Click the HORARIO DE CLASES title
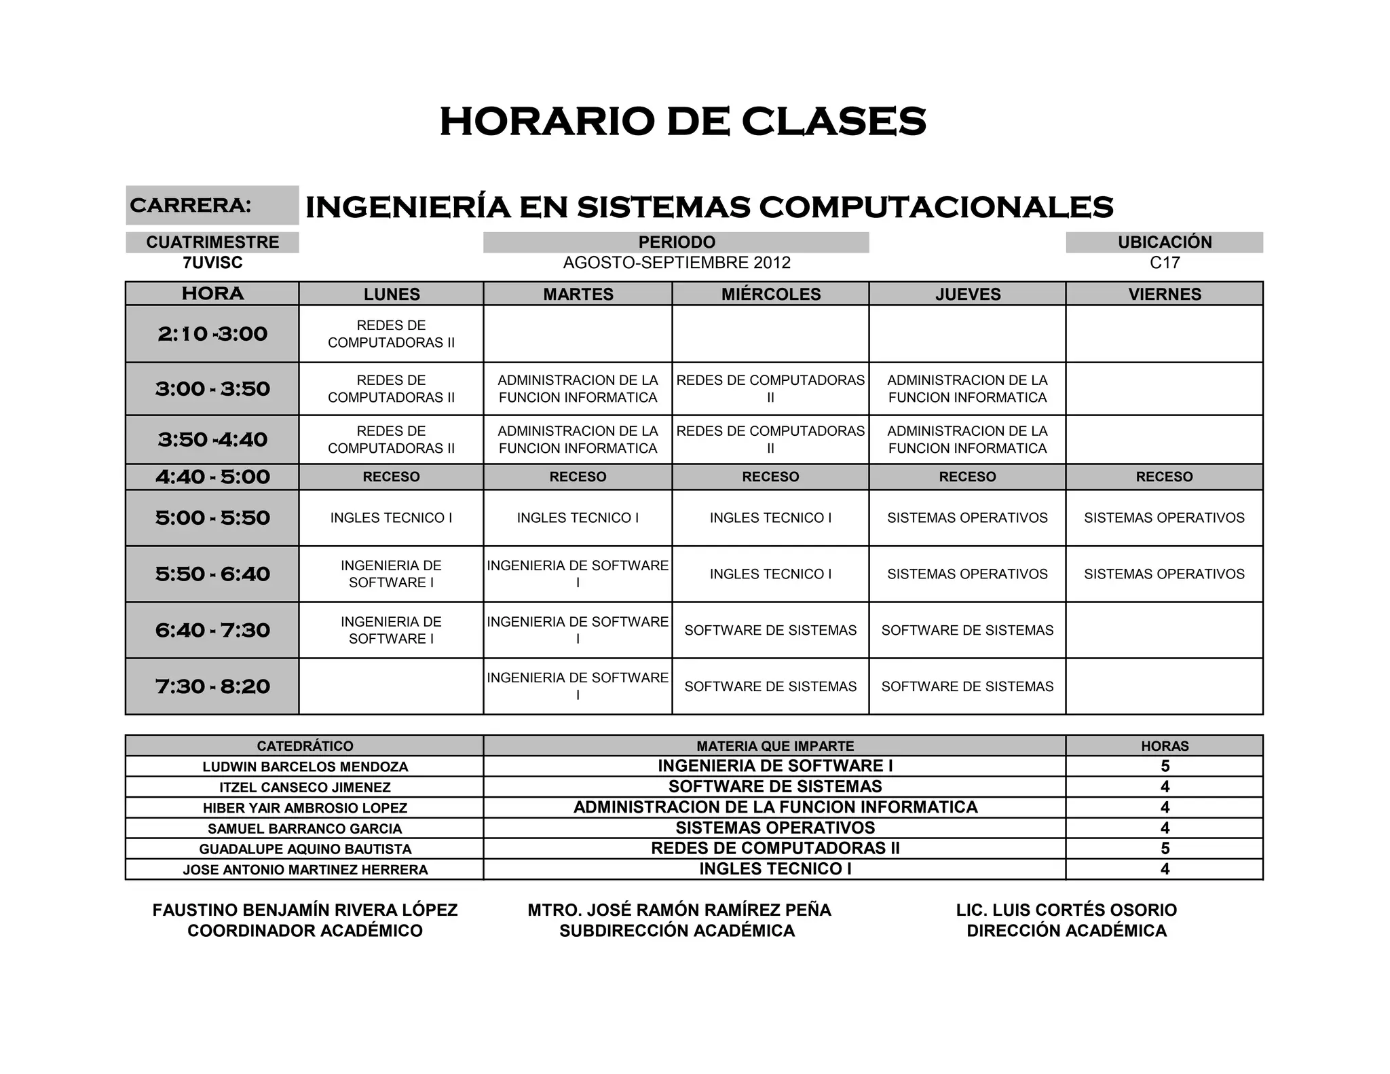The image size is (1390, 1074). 683,122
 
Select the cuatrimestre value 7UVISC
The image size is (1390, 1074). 212,263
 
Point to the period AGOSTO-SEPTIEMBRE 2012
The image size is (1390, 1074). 677,263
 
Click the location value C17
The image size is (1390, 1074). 1164,263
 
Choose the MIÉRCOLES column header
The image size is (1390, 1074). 770,294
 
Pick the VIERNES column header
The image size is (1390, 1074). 1164,294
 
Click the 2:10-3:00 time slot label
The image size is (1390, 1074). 212,333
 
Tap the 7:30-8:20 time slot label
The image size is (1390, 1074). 212,686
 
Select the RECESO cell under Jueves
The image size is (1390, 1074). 967,477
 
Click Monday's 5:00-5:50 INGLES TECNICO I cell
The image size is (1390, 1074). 391,518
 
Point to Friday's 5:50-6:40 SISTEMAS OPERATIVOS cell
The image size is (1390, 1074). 1164,574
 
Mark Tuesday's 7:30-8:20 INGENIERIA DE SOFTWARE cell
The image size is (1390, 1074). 578,686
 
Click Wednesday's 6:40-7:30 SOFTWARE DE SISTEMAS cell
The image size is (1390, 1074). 770,630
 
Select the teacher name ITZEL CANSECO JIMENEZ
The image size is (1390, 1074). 305,788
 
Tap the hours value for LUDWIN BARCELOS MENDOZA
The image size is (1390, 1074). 1165,766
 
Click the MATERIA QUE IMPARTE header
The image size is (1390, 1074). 775,746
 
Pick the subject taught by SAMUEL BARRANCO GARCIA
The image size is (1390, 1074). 775,828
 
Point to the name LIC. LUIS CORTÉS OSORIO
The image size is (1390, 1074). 1066,910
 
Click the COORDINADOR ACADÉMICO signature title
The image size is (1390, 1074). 305,931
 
